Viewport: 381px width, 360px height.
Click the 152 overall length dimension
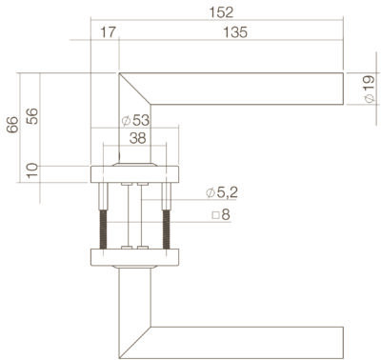(221, 12)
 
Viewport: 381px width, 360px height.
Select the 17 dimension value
(108, 32)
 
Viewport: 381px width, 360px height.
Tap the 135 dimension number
(235, 32)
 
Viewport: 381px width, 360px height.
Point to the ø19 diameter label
(369, 90)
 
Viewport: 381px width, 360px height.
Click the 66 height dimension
(13, 125)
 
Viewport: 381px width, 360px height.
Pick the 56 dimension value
(32, 116)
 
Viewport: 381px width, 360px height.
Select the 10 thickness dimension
(32, 170)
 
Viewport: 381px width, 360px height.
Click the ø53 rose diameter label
(135, 120)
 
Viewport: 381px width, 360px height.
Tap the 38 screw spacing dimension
(138, 138)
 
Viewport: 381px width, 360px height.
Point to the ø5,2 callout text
(222, 192)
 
